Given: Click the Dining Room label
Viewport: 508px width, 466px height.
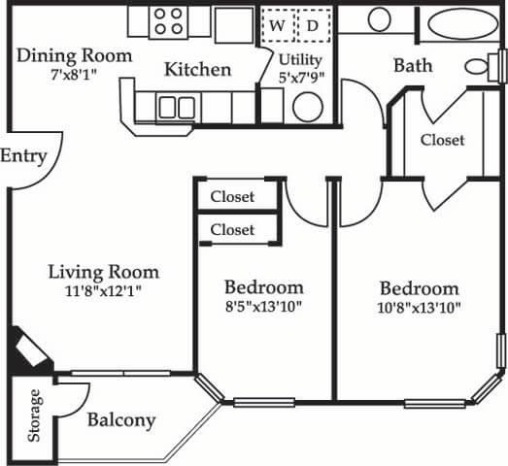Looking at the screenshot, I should [75, 55].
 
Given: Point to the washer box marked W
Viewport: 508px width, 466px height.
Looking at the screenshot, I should [277, 25].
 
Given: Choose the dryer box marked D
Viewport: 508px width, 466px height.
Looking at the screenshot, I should [313, 25].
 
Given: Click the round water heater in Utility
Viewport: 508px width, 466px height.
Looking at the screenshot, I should [308, 106].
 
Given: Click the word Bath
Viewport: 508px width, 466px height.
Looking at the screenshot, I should [412, 66].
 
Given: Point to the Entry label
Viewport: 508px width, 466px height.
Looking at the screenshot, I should [23, 155].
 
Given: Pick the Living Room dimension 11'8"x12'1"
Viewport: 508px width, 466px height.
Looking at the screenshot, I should [104, 290].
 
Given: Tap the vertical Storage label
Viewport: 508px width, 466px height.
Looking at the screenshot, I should [36, 416].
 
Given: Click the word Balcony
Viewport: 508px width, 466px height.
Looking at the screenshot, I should [121, 420].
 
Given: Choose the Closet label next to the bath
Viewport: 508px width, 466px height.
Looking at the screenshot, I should [442, 140].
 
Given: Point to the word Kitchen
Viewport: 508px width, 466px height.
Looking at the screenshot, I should [197, 70].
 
